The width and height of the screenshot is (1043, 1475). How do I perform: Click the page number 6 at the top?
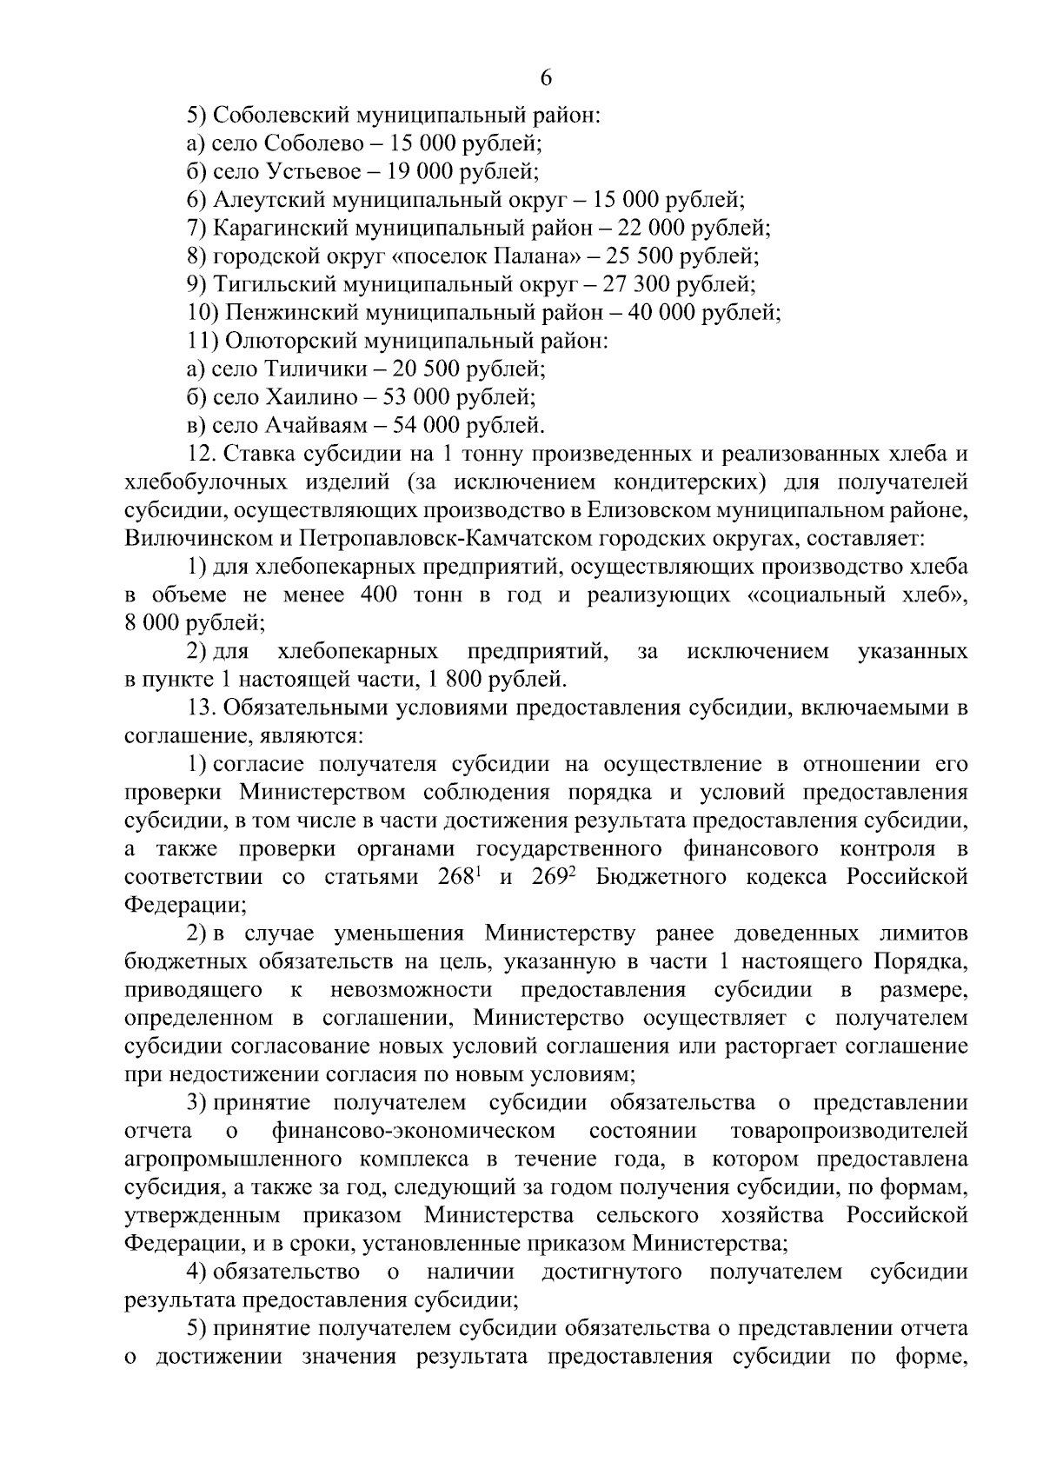546,77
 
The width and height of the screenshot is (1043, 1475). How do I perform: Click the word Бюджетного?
661,876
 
